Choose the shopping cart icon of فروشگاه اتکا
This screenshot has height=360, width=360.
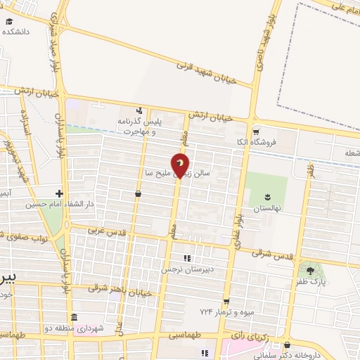(257, 131)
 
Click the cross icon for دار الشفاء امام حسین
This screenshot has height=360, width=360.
(60, 193)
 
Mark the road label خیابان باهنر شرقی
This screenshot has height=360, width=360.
(117, 287)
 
